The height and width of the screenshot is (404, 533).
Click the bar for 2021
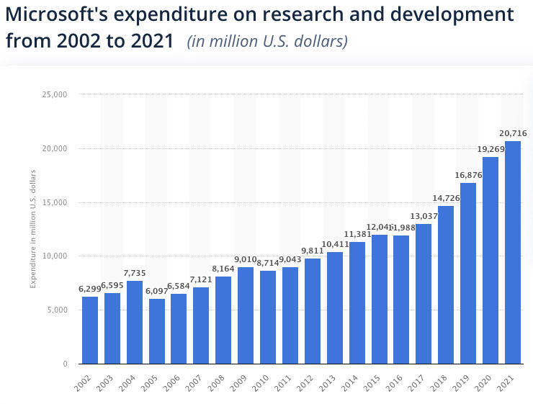(512, 252)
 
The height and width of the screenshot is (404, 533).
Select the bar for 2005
(156, 331)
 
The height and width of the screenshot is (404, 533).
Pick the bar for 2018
(445, 284)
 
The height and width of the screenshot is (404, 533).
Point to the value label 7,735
(134, 274)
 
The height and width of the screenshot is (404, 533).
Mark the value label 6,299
(89, 289)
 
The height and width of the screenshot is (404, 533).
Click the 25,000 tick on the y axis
(54, 94)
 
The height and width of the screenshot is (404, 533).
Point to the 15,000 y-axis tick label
(54, 202)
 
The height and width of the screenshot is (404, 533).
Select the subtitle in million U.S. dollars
(266, 41)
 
